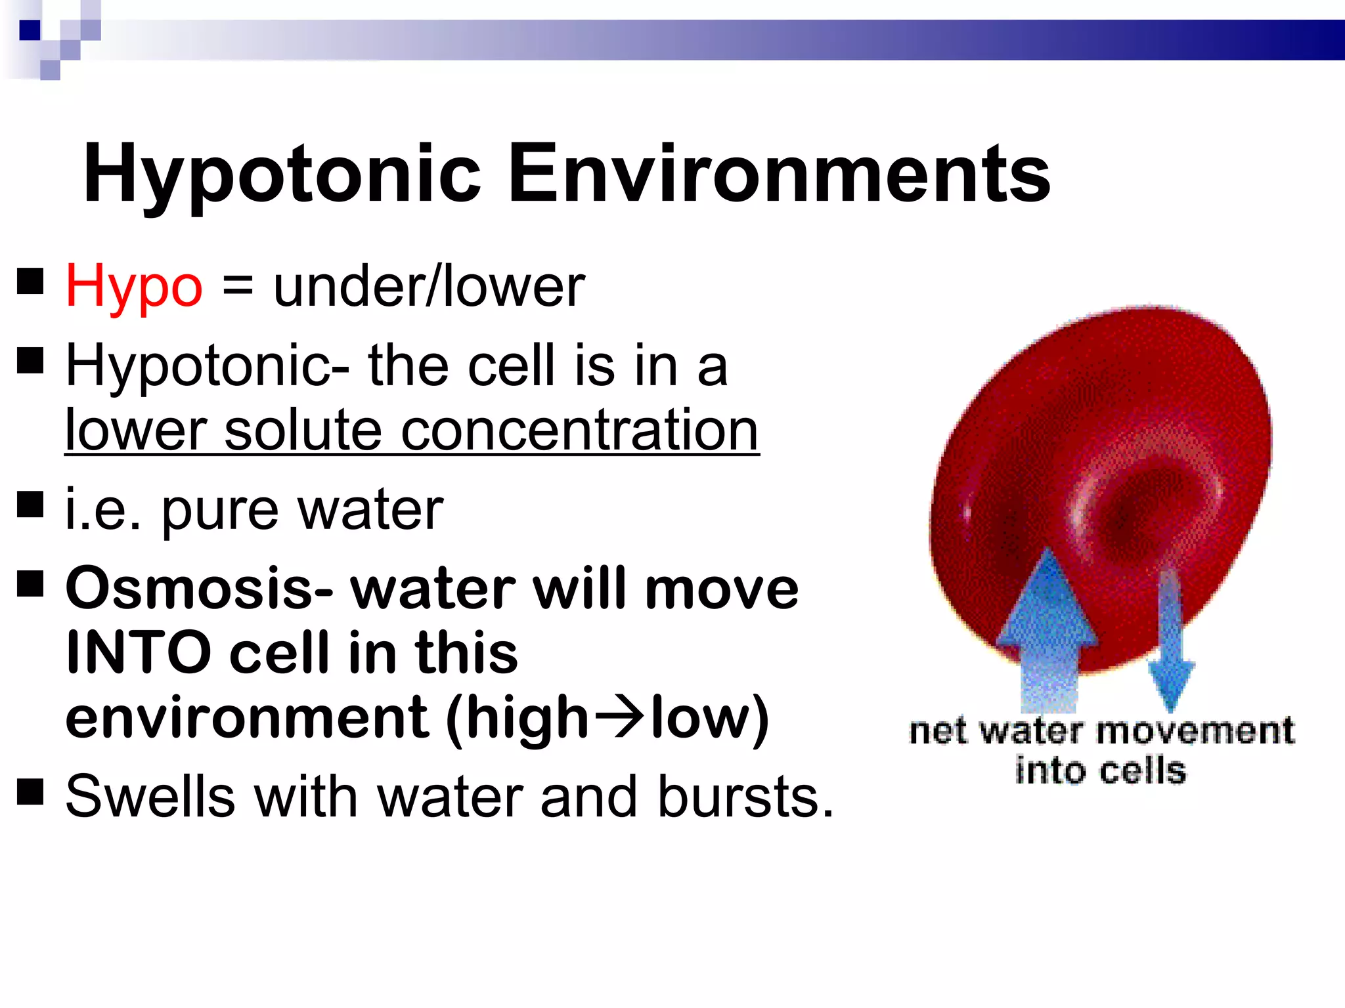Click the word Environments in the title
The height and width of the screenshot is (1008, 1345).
779,174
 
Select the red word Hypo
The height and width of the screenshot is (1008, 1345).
134,287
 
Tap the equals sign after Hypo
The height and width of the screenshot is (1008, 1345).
238,286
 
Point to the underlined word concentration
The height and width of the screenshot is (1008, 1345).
579,430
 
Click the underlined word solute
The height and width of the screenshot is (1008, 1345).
303,430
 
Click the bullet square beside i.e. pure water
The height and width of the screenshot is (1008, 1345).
30,505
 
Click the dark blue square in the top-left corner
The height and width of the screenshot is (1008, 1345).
30,30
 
